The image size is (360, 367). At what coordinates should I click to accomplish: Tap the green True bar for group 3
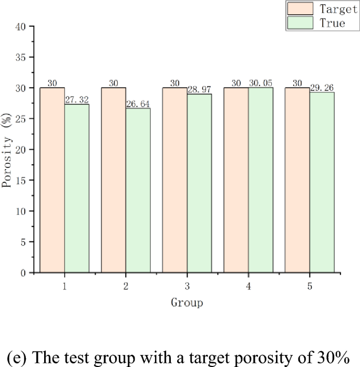tap(199, 183)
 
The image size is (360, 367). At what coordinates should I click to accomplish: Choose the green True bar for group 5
tap(322, 183)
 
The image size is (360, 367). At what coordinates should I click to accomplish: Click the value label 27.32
tap(77, 99)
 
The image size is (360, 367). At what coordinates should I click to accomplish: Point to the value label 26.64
tap(138, 103)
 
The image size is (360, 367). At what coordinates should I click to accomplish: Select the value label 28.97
tap(199, 89)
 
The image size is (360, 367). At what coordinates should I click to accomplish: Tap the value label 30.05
tap(261, 83)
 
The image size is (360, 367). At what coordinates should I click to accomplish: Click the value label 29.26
tap(322, 88)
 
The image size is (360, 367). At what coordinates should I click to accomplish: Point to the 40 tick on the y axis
tap(23, 26)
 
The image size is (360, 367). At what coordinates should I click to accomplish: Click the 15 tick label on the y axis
tap(23, 180)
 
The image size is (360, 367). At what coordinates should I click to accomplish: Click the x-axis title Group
tap(187, 302)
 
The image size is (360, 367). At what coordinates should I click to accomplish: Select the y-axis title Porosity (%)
tap(7, 149)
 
